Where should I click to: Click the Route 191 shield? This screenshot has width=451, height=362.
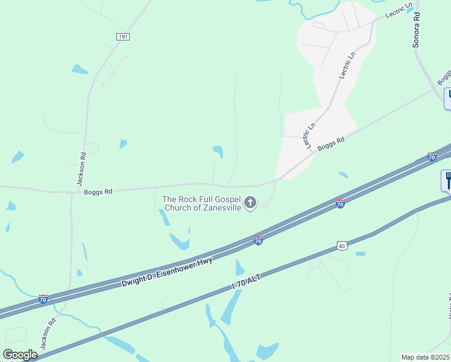[123, 37]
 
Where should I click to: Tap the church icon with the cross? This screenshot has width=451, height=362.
[250, 203]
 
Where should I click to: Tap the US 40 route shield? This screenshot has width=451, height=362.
[342, 246]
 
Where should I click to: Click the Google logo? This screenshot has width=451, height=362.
[20, 355]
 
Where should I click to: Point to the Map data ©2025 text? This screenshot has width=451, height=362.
[426, 357]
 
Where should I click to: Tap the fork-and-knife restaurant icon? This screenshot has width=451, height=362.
[447, 180]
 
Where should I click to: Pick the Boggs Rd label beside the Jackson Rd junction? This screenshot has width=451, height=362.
[98, 192]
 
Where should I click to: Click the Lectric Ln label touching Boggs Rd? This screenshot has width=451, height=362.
[310, 136]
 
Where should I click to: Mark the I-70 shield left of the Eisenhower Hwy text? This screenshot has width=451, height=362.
[43, 299]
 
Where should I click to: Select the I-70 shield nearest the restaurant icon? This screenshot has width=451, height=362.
[432, 157]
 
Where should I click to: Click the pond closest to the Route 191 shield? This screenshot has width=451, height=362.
[80, 69]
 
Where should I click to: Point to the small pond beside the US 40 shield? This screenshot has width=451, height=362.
[360, 253]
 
